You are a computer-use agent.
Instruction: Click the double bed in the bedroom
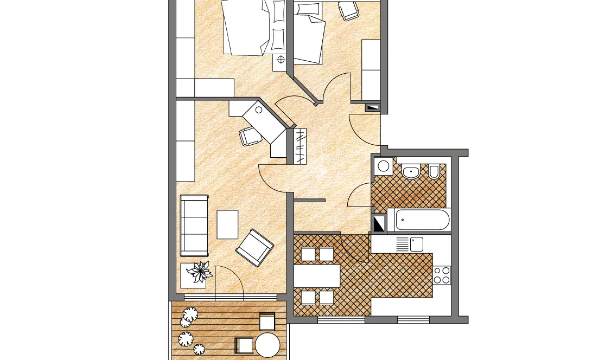point(247,27)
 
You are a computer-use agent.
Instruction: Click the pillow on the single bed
point(308,9)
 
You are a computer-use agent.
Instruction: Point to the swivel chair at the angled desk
point(250,136)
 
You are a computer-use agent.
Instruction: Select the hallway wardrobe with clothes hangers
point(300,146)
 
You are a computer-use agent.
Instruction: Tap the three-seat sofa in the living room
point(194,226)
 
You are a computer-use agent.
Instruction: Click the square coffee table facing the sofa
point(227,224)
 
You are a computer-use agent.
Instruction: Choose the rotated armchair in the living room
point(254,247)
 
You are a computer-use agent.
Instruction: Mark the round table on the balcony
point(267,345)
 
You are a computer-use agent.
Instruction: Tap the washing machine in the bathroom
point(384,166)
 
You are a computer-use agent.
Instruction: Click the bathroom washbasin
point(411,172)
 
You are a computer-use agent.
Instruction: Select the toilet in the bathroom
point(434,171)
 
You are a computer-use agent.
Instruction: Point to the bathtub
point(422,220)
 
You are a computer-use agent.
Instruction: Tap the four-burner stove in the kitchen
point(442,275)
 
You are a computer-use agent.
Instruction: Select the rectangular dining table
point(317,276)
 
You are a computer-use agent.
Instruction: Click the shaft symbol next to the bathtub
point(379,223)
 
